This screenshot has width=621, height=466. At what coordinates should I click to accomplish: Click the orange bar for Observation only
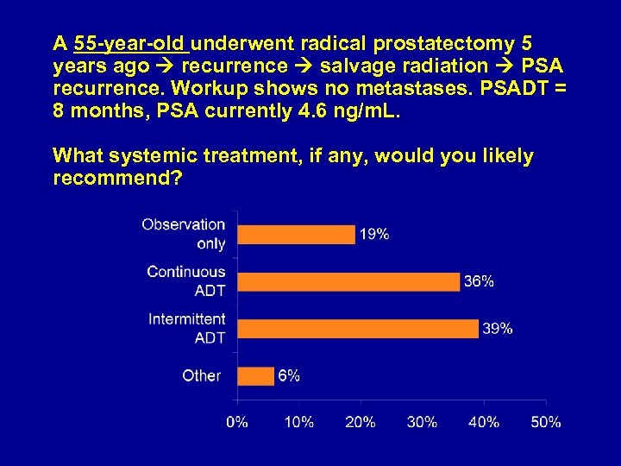coord(296,235)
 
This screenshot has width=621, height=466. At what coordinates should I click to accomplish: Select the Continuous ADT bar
coord(348,281)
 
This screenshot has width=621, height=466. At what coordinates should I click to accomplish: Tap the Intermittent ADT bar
coord(357,329)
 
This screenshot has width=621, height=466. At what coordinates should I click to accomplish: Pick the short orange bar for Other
coord(255,375)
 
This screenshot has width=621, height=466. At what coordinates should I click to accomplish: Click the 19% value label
coord(374,235)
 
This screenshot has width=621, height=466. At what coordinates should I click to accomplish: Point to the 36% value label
coord(479,281)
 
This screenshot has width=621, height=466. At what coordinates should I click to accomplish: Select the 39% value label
coord(498,329)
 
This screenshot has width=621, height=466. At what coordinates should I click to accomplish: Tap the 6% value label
coord(289,375)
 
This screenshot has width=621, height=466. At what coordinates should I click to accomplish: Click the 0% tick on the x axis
coord(237,422)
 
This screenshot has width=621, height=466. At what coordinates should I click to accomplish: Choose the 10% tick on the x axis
coord(298,422)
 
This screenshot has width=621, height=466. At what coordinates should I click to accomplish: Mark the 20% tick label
coord(361,422)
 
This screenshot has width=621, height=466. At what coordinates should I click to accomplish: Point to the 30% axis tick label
coord(422,422)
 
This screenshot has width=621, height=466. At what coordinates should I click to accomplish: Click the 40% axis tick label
coord(484,422)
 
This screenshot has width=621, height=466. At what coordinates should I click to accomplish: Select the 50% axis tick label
coord(545,422)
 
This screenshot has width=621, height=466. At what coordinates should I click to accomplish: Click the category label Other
coord(201,375)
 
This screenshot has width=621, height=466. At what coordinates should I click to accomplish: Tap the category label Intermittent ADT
coord(187,329)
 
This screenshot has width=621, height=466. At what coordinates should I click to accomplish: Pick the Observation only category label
coord(184,234)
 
